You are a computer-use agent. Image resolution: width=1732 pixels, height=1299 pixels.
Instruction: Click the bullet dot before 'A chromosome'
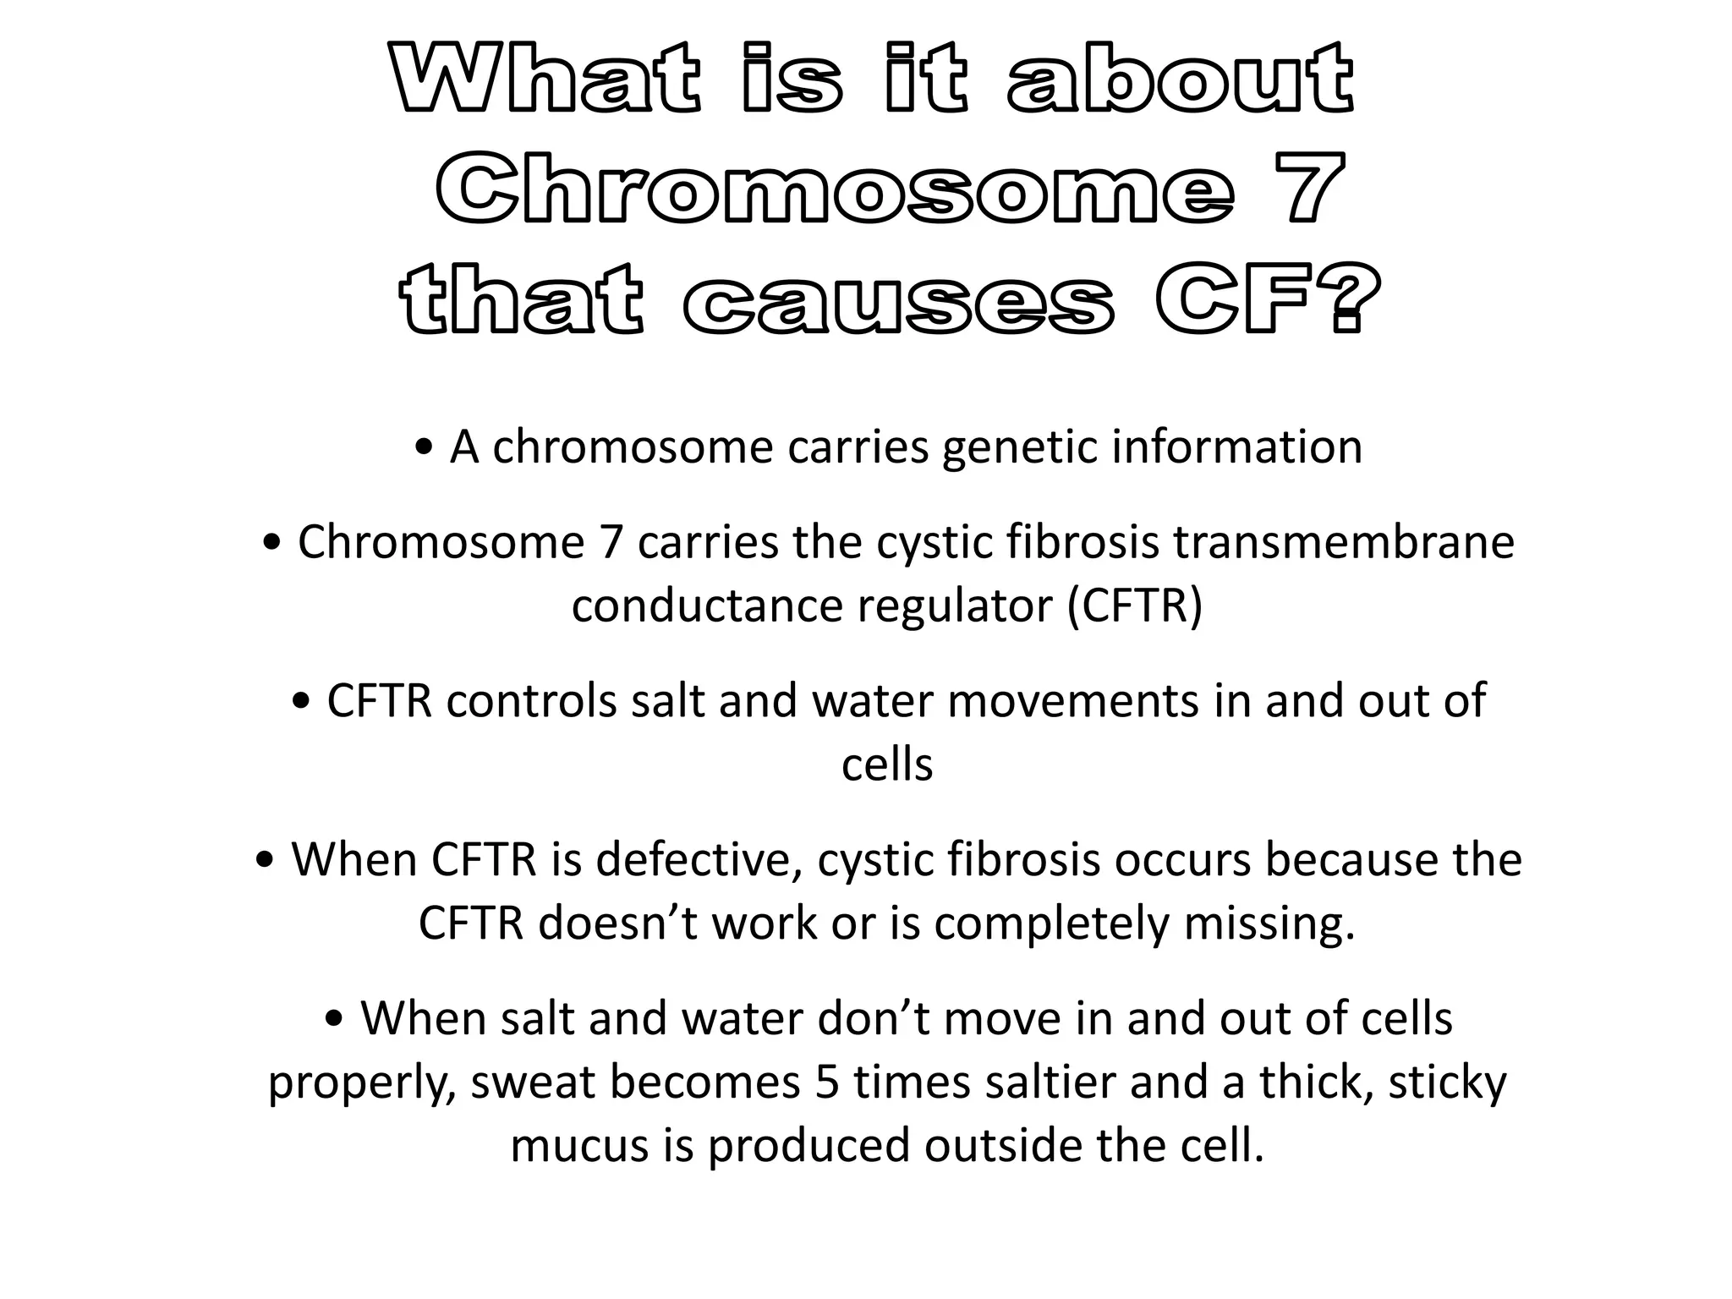[425, 447]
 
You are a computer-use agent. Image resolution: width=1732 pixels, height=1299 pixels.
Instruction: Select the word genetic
[1018, 447]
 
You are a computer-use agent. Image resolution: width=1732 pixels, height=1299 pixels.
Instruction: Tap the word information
[1236, 447]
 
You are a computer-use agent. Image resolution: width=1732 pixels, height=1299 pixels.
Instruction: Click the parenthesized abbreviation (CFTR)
[1134, 606]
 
